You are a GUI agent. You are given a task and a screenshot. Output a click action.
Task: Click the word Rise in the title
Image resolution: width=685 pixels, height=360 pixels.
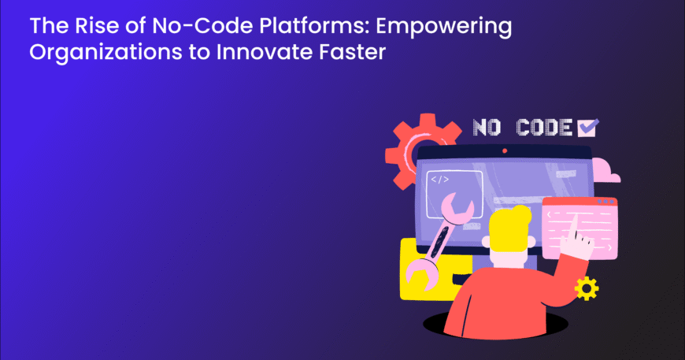coord(97,26)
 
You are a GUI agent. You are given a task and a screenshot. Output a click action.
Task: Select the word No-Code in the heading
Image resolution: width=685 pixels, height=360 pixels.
coord(202,26)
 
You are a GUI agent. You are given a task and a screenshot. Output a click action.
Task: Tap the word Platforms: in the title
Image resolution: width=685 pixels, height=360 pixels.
coord(314,26)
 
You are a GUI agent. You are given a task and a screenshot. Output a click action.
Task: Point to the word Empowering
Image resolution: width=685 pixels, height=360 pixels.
coord(444,27)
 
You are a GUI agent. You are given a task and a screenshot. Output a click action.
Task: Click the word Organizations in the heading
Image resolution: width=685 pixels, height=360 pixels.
coord(106,53)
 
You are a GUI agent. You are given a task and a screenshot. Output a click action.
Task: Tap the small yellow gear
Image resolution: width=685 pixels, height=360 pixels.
coord(587,288)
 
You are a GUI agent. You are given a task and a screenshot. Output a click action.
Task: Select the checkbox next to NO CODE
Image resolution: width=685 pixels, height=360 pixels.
coord(587,128)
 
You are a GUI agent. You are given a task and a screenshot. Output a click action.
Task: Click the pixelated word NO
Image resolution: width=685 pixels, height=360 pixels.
coord(487,128)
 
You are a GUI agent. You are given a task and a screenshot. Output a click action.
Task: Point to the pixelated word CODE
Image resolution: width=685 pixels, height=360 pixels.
coord(544,128)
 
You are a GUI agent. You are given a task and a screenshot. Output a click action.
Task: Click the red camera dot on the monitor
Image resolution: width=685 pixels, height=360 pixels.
coord(505,150)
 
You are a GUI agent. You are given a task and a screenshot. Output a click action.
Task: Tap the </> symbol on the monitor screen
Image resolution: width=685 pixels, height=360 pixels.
coord(439,179)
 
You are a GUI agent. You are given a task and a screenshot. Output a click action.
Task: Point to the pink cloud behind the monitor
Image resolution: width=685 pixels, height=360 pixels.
coord(606,171)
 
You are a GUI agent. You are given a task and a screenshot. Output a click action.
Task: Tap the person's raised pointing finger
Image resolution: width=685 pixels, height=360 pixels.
coord(574,225)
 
